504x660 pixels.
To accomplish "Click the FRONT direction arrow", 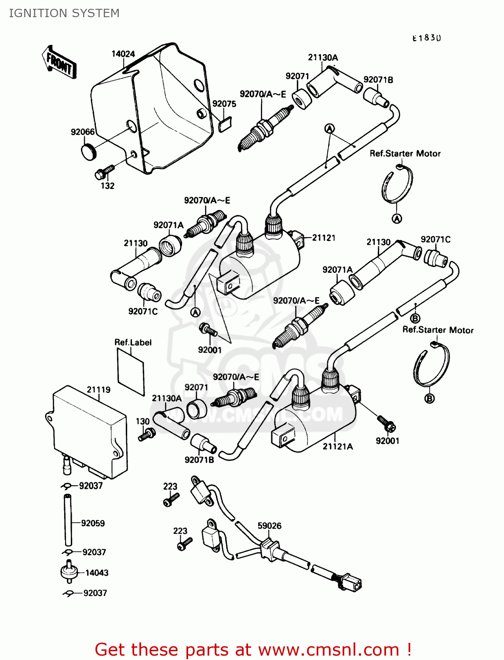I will [x=59, y=62].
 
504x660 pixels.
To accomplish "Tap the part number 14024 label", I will [x=123, y=54].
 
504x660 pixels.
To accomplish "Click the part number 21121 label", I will [x=324, y=238].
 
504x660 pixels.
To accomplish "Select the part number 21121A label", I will [x=338, y=447].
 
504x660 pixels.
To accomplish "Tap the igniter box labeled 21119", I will [x=88, y=431].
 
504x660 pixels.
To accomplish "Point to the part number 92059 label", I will [x=93, y=523].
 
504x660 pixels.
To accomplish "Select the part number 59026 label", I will [x=269, y=526].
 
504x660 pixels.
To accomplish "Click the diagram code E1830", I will [x=426, y=38].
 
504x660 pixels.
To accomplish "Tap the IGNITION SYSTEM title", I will [x=64, y=13].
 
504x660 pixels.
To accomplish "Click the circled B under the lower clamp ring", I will [x=429, y=399].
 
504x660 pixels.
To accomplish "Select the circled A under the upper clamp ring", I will [x=397, y=219].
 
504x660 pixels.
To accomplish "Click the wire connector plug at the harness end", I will [x=351, y=583].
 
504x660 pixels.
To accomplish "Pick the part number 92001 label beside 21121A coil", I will [x=387, y=441].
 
